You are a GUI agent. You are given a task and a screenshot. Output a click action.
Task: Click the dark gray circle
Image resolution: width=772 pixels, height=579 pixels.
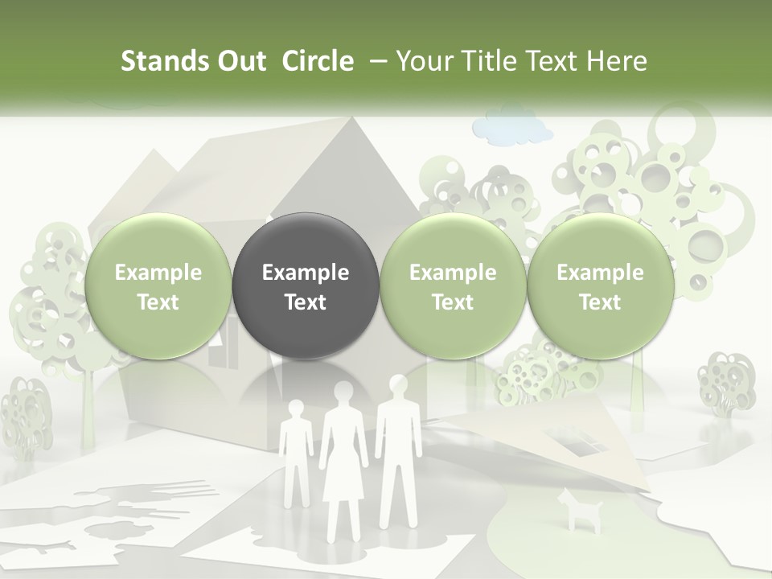[x=305, y=285]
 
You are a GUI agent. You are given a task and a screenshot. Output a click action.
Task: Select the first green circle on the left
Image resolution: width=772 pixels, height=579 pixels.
[x=158, y=285]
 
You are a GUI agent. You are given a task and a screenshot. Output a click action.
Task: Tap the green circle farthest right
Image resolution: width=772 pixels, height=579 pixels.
[x=600, y=285]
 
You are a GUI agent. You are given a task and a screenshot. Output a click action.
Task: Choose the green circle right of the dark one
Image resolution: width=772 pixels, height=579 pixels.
[x=452, y=285]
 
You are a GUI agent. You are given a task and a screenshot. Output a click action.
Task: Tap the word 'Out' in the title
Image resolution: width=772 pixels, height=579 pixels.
[x=240, y=61]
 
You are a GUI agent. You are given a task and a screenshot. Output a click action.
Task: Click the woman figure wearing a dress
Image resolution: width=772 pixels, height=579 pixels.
[x=343, y=458]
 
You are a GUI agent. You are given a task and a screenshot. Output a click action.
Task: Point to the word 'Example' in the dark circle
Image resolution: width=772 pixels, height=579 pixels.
[x=305, y=273]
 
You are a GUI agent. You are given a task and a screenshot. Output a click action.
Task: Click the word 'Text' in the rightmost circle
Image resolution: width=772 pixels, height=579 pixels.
[x=600, y=302]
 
